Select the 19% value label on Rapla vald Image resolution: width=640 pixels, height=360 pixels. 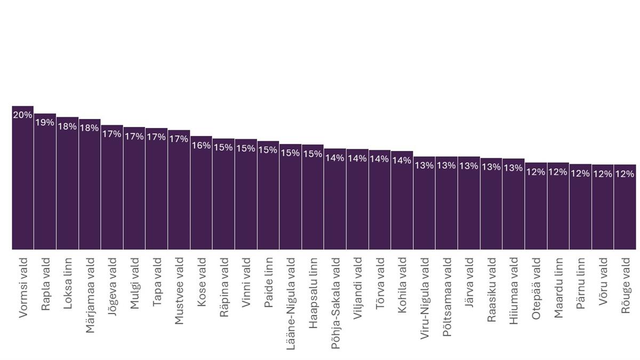45,123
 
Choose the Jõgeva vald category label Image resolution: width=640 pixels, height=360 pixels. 112,287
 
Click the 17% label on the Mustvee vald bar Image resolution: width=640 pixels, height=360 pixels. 179,139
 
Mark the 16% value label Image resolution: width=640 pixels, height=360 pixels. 201,145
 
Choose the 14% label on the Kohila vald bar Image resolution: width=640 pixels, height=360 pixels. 402,161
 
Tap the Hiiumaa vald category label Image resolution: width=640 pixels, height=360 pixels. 514,288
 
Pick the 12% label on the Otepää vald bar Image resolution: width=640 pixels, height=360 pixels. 535,172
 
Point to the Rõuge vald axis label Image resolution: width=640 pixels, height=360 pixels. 625,285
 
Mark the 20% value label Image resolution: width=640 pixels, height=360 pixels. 22,115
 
